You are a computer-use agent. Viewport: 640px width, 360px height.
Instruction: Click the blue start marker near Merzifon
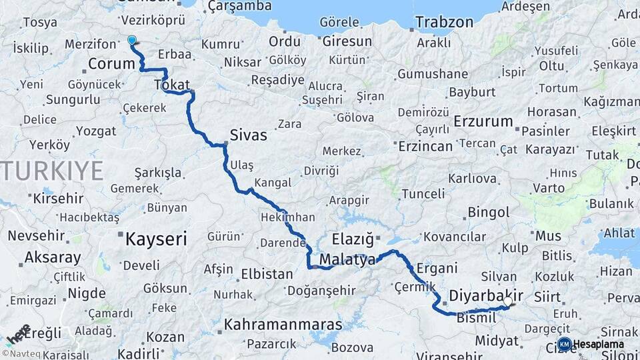pos(131,40)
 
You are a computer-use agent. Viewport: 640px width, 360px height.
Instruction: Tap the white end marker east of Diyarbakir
pos(509,301)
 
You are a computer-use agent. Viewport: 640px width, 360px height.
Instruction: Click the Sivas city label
pos(248,135)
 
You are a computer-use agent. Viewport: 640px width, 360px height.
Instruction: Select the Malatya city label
pos(347,260)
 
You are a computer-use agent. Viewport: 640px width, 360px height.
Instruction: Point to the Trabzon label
pos(444,22)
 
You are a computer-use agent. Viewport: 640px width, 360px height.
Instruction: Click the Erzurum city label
pos(483,122)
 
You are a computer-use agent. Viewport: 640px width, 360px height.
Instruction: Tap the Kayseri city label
pos(156,239)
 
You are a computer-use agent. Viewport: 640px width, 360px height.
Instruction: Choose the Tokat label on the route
pos(172,85)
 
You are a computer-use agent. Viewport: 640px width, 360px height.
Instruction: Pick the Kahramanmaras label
pos(283,325)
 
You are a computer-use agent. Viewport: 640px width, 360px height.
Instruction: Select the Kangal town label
pos(273,183)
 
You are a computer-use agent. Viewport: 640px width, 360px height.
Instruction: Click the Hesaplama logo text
pos(598,345)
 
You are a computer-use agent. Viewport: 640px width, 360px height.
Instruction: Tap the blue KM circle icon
pos(564,345)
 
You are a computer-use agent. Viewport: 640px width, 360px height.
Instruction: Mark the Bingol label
pos(489,213)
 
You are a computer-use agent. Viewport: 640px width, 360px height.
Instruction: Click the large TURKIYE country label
pos(52,171)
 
